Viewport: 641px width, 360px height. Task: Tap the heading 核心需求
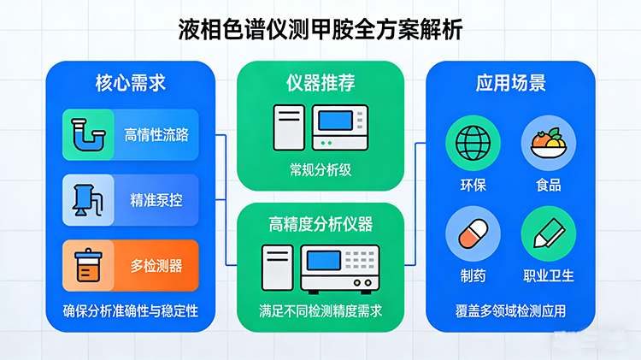pos(130,83)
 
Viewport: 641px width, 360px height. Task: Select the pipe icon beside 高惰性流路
pos(86,134)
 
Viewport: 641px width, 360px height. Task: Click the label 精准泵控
pos(156,200)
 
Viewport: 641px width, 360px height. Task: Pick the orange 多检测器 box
pos(131,265)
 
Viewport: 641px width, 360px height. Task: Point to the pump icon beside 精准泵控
pos(86,200)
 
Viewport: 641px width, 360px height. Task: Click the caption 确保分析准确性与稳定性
pos(131,310)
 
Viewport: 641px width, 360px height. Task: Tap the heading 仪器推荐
pos(320,83)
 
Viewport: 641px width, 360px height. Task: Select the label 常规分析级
pos(320,170)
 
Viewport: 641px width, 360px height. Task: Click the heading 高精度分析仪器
pos(320,225)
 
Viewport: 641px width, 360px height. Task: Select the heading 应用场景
pos(511,83)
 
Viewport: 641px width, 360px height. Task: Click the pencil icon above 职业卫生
pos(547,233)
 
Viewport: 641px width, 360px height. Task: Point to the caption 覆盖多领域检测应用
pos(511,310)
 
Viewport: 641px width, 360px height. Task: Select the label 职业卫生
pos(548,275)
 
